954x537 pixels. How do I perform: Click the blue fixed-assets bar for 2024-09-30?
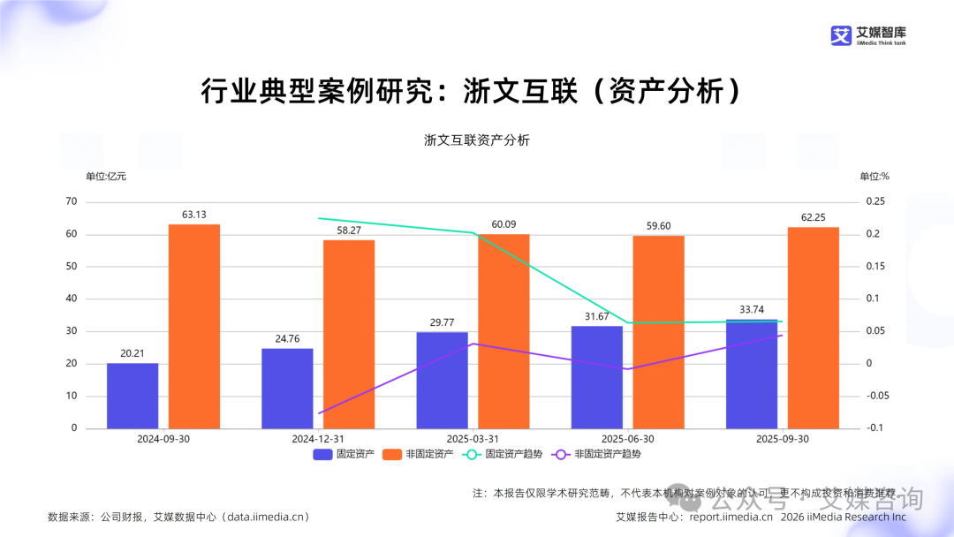pyautogui.click(x=132, y=396)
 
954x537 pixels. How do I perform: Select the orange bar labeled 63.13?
pyautogui.click(x=194, y=327)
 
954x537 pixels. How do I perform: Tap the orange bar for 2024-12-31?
pyautogui.click(x=349, y=334)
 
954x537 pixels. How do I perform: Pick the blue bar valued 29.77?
pyautogui.click(x=442, y=380)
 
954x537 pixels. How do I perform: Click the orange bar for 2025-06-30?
pyautogui.click(x=658, y=332)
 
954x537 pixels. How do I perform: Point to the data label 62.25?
pyautogui.click(x=814, y=217)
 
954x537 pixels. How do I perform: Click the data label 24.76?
pyautogui.click(x=287, y=338)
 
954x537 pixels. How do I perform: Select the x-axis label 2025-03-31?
pyautogui.click(x=473, y=439)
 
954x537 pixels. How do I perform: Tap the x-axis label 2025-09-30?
pyautogui.click(x=782, y=439)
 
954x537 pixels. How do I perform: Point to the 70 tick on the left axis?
pyautogui.click(x=72, y=201)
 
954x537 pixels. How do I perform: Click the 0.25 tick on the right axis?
pyautogui.click(x=874, y=201)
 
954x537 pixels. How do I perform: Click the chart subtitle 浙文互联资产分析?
pyautogui.click(x=477, y=140)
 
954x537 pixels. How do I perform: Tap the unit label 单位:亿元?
pyautogui.click(x=106, y=176)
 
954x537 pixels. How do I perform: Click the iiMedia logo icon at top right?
pyautogui.click(x=840, y=35)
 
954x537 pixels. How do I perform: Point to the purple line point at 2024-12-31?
pyautogui.click(x=318, y=413)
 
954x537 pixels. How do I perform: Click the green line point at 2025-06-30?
pyautogui.click(x=627, y=322)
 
